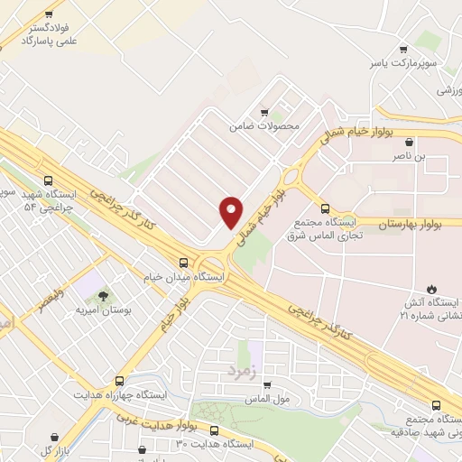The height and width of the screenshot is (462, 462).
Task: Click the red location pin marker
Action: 231,211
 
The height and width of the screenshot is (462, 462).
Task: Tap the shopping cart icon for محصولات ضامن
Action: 263,113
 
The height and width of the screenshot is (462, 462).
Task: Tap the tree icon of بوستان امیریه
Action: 102,295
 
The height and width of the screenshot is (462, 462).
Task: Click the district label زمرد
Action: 243,369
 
